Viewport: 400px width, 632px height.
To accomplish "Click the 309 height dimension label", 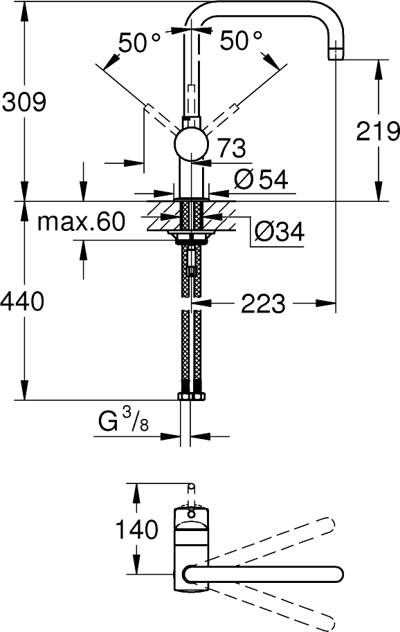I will click(24, 102).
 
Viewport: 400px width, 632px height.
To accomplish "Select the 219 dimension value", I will click(378, 130).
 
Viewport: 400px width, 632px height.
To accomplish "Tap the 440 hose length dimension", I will click(24, 301).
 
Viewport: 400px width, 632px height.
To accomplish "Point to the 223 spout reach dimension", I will click(263, 303).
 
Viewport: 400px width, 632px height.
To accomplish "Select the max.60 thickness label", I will click(81, 222).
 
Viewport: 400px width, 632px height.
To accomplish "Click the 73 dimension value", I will click(232, 147).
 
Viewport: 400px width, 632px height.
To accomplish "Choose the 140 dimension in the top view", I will click(138, 530).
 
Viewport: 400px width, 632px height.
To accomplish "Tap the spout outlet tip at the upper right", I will click(336, 53).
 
